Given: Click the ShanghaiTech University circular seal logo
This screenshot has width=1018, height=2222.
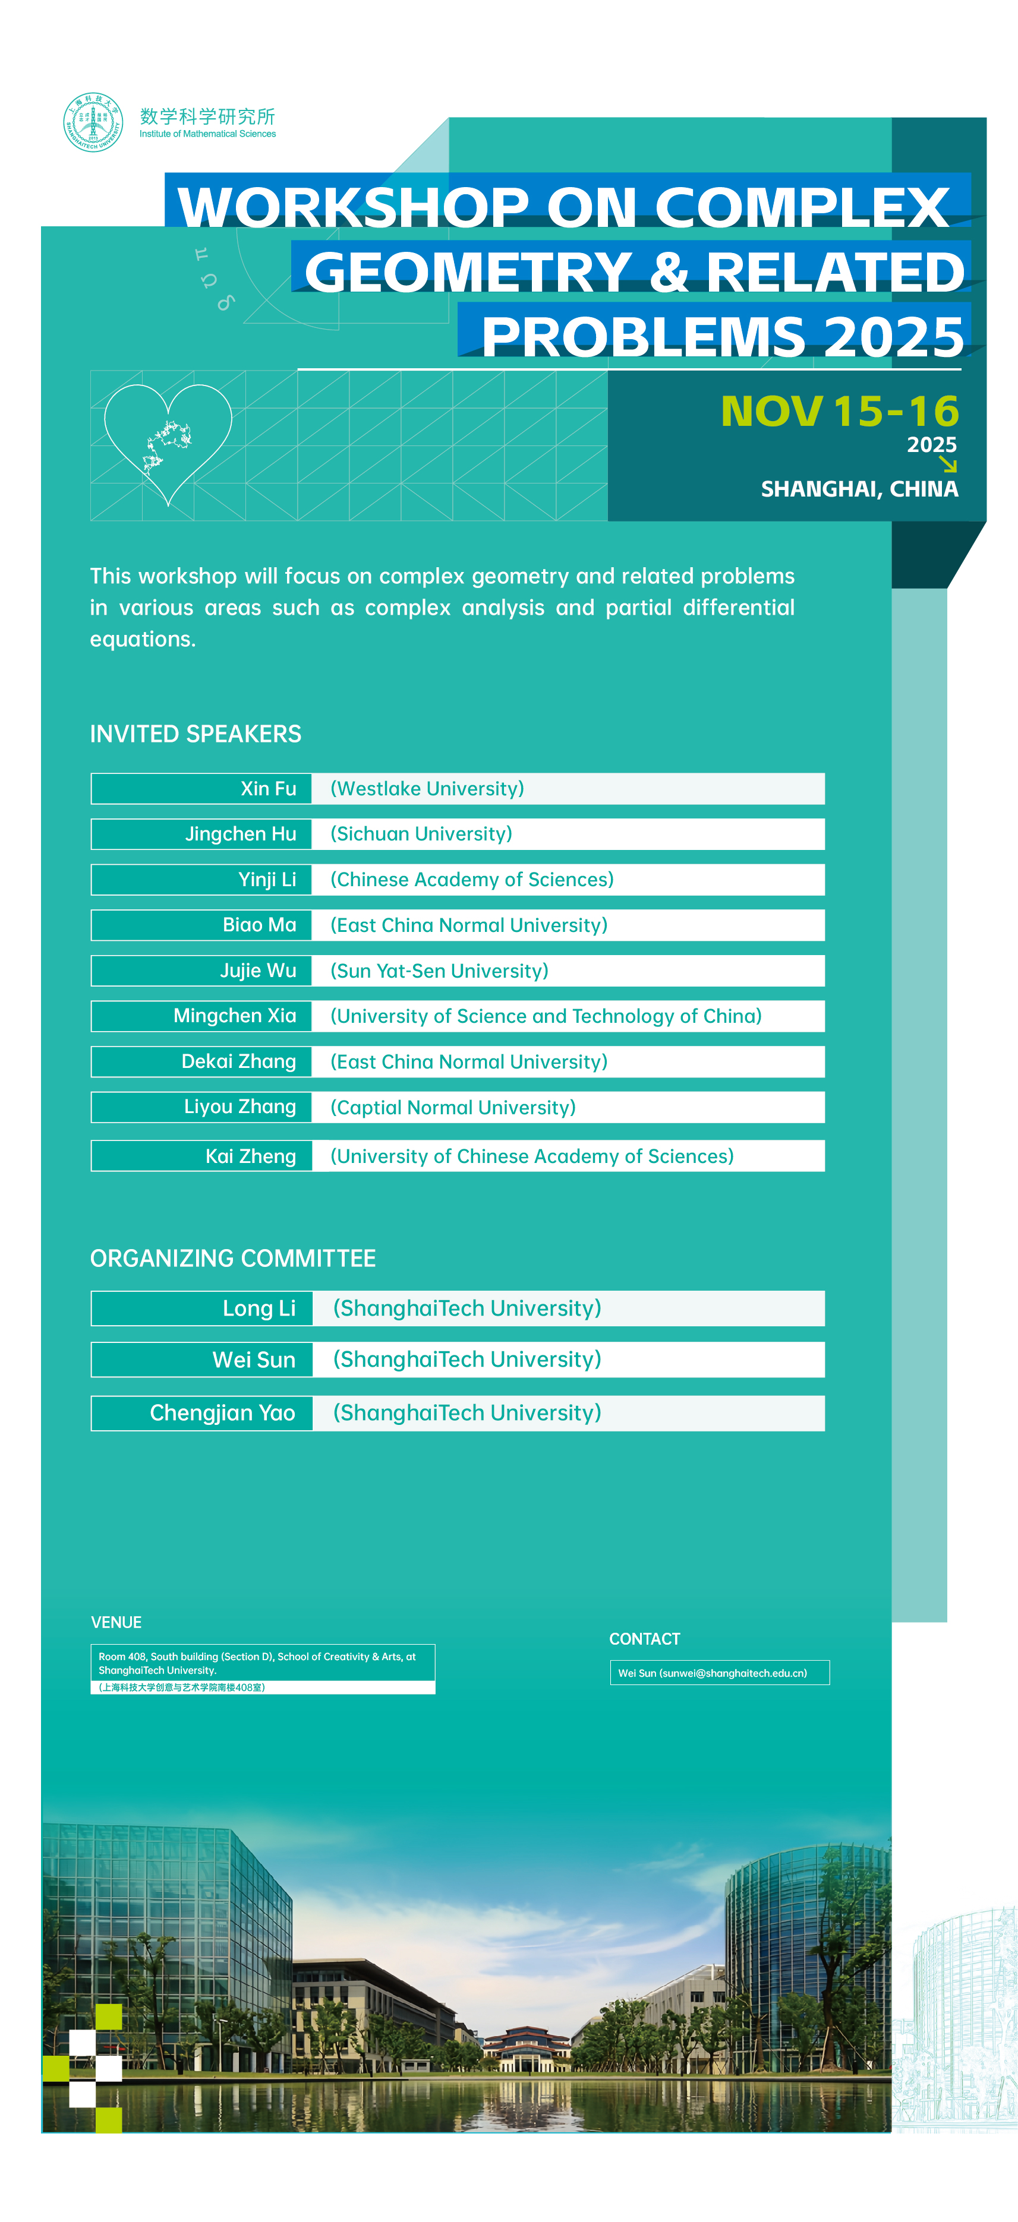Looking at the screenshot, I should [x=93, y=122].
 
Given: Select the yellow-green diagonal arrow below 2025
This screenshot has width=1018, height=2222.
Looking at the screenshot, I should [x=947, y=465].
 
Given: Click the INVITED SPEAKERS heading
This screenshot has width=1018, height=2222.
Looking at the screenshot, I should [x=196, y=734].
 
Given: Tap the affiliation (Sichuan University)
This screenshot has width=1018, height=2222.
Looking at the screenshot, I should [x=421, y=834].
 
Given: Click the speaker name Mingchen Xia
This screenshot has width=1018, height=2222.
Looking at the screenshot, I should [x=235, y=1016].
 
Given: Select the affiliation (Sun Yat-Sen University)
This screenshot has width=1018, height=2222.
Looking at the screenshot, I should [x=439, y=971].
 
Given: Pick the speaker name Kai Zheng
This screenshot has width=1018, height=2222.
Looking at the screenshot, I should [x=250, y=1156].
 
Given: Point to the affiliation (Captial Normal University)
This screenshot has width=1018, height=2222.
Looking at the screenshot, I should [x=453, y=1108].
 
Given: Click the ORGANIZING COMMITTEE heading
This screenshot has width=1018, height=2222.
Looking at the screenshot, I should [x=233, y=1259].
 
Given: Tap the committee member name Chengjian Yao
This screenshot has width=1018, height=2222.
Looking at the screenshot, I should [x=223, y=1413].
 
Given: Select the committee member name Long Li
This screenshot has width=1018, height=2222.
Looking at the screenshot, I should [x=259, y=1308].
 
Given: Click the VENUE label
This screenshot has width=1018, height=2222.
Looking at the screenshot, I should [x=116, y=1623].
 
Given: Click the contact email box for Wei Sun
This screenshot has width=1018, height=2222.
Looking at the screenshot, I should [x=718, y=1673].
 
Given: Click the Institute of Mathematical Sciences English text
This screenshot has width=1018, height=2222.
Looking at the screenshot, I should [x=208, y=134].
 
